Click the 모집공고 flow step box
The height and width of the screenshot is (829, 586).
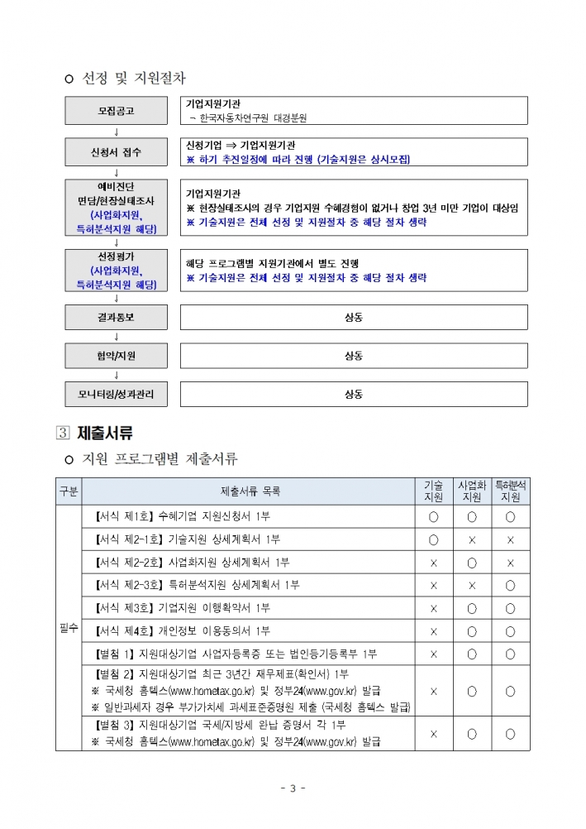[116, 111]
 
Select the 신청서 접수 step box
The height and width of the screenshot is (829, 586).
[116, 152]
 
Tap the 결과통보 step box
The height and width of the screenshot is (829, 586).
[116, 317]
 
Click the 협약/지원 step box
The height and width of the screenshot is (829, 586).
[116, 356]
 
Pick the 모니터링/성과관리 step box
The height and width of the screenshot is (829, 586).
[116, 394]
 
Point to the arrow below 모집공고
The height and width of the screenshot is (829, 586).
[116, 131]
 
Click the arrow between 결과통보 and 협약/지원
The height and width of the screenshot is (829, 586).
[116, 337]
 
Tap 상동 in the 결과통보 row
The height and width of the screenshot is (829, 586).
[354, 317]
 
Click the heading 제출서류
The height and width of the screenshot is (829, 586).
[105, 433]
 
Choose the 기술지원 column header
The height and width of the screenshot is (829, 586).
[433, 491]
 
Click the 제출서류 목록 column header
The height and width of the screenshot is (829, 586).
[250, 491]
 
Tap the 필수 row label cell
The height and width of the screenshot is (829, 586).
[69, 628]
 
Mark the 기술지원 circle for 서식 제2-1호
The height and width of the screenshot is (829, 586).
[433, 540]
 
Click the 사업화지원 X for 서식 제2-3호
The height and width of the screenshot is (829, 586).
[472, 586]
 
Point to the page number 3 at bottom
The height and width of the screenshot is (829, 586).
[293, 787]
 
